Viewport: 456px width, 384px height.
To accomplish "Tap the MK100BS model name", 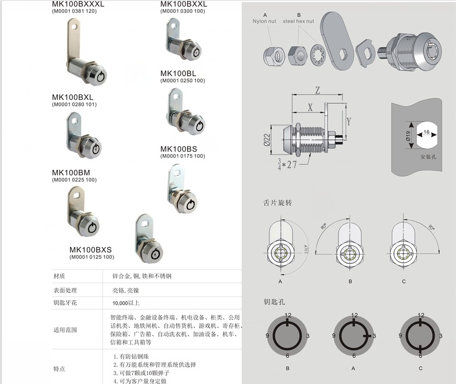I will tap(179, 149).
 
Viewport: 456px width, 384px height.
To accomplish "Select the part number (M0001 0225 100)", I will tap(74, 180).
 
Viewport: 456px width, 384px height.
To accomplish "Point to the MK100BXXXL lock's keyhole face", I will tap(100, 76).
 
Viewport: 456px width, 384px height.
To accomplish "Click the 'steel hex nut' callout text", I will tap(298, 22).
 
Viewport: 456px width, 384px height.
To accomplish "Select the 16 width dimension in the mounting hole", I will tap(426, 132).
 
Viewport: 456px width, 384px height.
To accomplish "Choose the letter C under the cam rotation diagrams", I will tap(404, 282).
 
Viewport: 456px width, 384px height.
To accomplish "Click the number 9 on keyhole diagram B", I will tap(267, 336).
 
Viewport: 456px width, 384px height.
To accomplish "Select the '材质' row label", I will tap(59, 276).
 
